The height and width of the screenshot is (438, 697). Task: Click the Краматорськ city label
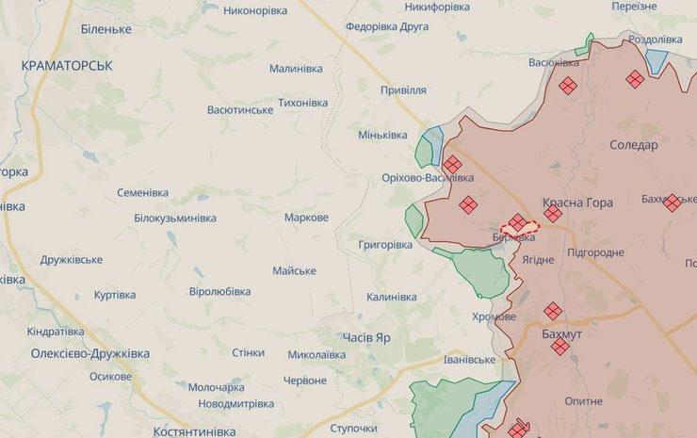tap(67, 65)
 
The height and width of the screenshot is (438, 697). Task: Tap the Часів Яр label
tap(367, 336)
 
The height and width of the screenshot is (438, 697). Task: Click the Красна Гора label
tap(577, 203)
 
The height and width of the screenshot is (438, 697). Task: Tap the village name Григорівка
tap(385, 245)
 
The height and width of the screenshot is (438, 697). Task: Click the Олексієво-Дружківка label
tap(90, 354)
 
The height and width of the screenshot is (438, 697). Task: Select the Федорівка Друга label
tap(387, 26)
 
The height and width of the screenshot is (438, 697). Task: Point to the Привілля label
tap(403, 90)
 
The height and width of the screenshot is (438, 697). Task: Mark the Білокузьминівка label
tap(175, 219)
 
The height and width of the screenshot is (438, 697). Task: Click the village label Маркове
tap(307, 218)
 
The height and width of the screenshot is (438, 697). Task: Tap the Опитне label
tap(583, 401)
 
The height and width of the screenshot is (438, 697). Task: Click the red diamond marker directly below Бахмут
tap(560, 348)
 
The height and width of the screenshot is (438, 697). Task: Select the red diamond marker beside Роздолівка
tap(635, 80)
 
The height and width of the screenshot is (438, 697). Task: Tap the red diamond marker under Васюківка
tap(567, 86)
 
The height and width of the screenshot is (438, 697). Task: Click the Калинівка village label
tap(392, 298)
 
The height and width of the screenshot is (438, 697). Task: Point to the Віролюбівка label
tap(219, 292)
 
